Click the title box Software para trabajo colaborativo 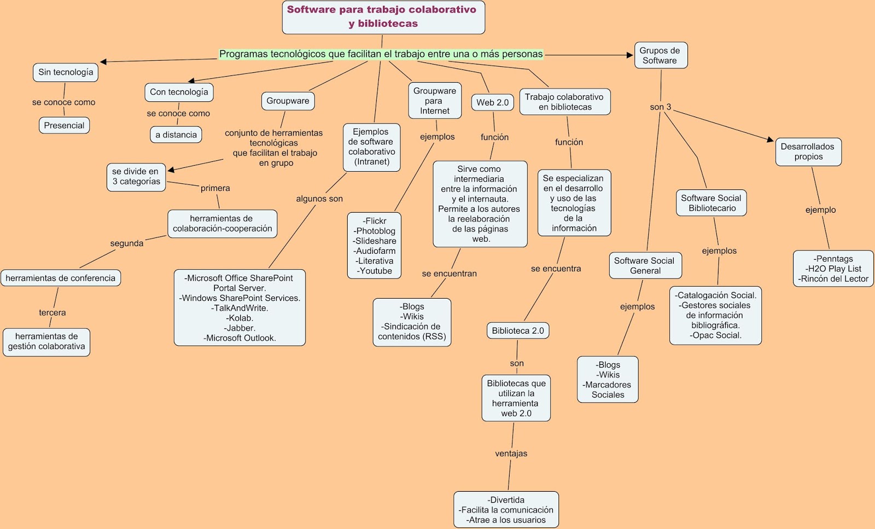[383, 17]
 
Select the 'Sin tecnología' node [66, 72]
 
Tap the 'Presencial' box [64, 125]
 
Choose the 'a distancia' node [176, 135]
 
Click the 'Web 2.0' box [492, 102]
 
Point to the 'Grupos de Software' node [660, 55]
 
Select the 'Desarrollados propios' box [808, 152]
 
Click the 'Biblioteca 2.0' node [517, 330]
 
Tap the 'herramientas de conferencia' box [60, 278]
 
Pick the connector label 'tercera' [52, 313]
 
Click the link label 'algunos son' [319, 199]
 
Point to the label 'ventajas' [511, 454]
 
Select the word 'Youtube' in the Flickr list [375, 271]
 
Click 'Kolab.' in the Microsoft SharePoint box [240, 318]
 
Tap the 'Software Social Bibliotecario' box [711, 203]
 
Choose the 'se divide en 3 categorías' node [136, 176]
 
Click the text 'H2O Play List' [833, 269]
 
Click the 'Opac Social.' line [715, 335]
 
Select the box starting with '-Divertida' [506, 509]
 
